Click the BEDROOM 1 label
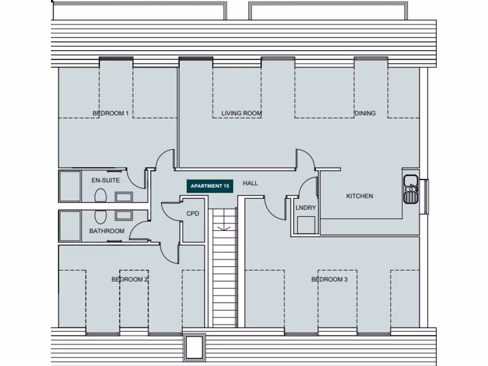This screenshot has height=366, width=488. (x=111, y=113)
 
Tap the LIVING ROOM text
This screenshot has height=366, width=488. (x=242, y=113)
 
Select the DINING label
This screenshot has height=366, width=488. (x=365, y=113)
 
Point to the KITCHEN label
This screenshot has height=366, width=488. (x=359, y=196)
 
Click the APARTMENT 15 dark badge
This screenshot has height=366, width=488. (x=209, y=186)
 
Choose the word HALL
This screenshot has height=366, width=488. (x=250, y=183)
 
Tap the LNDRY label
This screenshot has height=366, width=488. (x=305, y=208)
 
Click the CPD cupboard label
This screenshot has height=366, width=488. (x=193, y=213)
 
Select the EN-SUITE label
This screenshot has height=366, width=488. (x=105, y=181)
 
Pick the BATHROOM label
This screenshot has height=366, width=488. (x=107, y=231)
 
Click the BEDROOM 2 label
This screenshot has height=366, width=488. (x=130, y=279)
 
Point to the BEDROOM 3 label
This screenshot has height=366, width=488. (x=329, y=279)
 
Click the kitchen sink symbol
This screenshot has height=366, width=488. (x=410, y=189)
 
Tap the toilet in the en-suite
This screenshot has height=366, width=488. (x=101, y=196)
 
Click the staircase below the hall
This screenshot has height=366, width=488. (x=224, y=267)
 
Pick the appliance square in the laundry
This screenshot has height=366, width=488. (x=305, y=224)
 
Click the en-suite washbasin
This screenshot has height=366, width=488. (x=124, y=197)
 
